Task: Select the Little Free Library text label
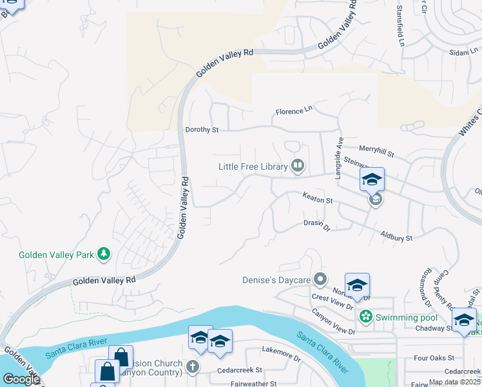point(253,166)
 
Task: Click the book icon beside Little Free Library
point(297,166)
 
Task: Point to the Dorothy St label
point(202,130)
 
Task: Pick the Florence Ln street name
point(294,111)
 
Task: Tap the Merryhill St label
point(376,151)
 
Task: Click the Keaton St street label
point(317,201)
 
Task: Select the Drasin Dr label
point(316,226)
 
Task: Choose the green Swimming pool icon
point(366,316)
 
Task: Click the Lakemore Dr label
point(281,352)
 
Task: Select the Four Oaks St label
point(434,357)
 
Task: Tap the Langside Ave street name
point(338,158)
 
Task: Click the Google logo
point(21,379)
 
